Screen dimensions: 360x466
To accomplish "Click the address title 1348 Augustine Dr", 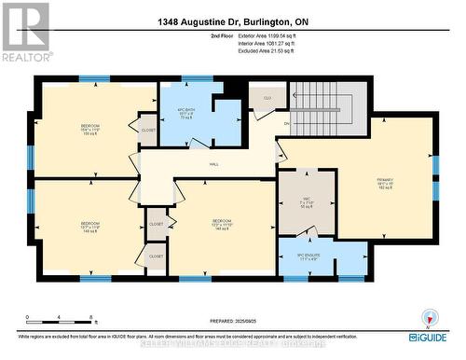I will click(x=232, y=18).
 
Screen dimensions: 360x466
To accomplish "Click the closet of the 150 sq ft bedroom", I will click(x=147, y=131).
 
